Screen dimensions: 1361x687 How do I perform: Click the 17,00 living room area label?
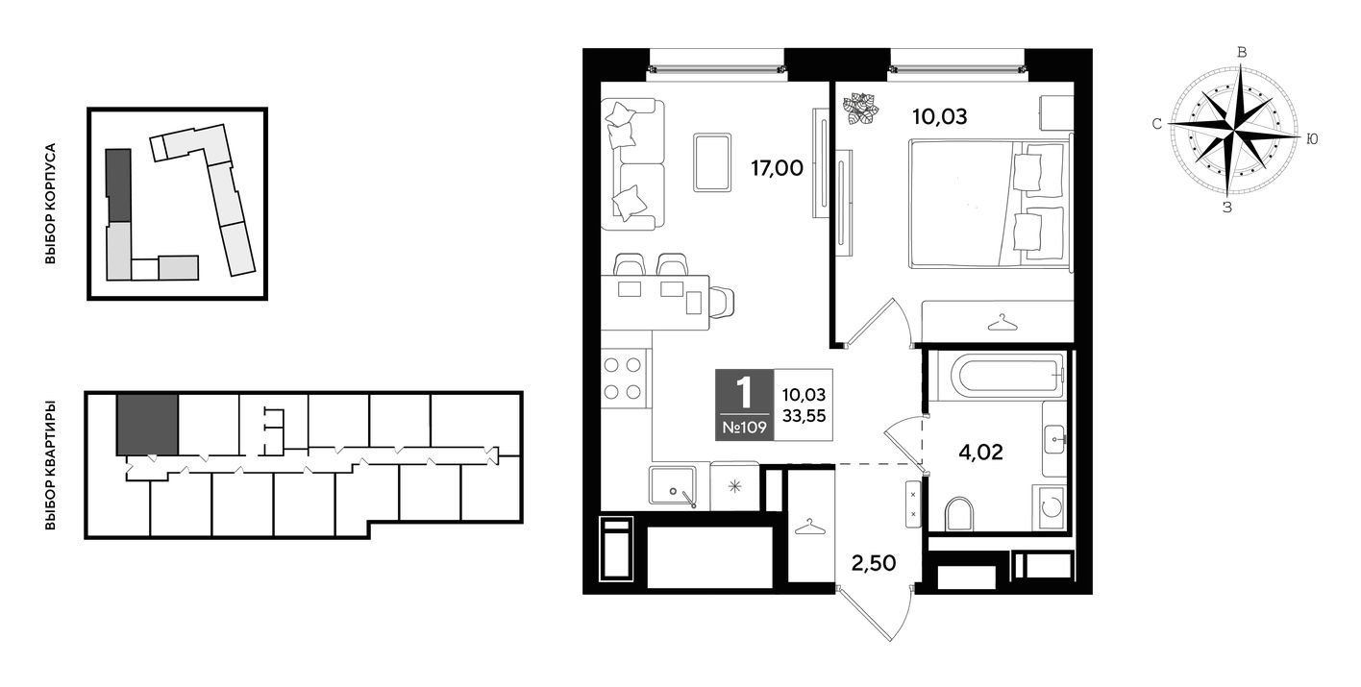click(x=777, y=167)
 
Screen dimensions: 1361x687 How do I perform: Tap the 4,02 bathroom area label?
click(x=980, y=452)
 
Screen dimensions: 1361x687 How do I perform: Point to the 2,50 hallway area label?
click(x=874, y=563)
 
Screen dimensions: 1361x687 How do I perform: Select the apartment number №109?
click(x=744, y=427)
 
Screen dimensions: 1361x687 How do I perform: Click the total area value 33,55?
click(x=804, y=415)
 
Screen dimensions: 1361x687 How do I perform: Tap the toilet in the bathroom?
click(x=959, y=514)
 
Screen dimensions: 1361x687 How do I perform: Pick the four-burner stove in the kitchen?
click(x=622, y=379)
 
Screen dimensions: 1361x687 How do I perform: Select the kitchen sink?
click(x=673, y=485)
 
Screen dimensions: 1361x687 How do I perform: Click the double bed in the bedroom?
click(x=988, y=204)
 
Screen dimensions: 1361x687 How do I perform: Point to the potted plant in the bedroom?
click(x=860, y=110)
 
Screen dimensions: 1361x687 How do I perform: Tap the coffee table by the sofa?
click(x=712, y=162)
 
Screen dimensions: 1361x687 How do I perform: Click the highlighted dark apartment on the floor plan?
click(x=147, y=425)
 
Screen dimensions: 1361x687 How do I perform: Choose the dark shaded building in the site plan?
click(x=118, y=185)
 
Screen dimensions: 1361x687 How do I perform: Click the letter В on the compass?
click(x=1242, y=52)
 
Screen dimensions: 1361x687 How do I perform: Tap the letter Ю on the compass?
click(x=1312, y=139)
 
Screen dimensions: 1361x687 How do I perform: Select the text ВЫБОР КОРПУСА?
click(x=50, y=204)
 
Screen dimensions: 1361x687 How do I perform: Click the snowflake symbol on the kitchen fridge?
click(x=735, y=486)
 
